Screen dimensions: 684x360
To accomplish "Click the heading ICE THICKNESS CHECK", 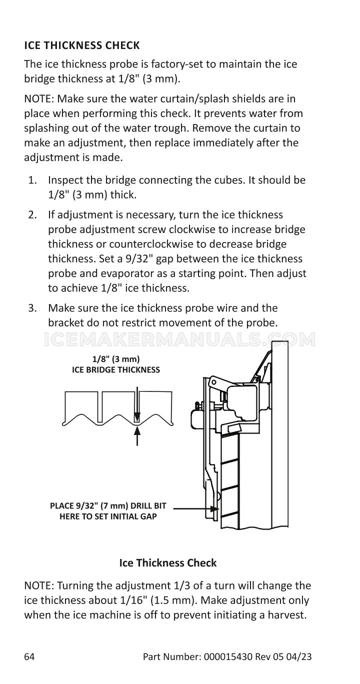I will click(x=82, y=45).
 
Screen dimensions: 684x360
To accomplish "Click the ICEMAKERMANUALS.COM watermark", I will click(x=180, y=340).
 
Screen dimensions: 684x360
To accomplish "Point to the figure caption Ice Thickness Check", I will click(x=167, y=562).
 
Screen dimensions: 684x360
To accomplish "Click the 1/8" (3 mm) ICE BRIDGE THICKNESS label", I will click(x=116, y=364).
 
